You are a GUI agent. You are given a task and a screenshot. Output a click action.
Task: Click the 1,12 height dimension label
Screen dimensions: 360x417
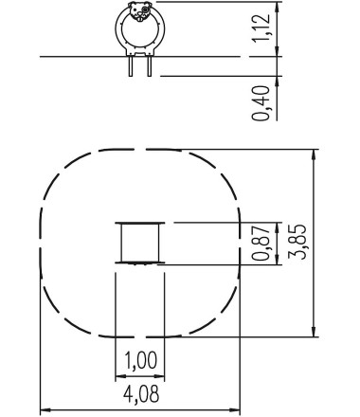(x=261, y=27)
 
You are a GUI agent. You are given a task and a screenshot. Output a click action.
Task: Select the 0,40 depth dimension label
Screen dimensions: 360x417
(x=261, y=103)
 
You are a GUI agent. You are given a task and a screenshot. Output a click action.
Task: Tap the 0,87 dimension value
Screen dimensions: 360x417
(x=261, y=243)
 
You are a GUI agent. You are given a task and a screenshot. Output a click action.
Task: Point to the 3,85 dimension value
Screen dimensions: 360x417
(x=297, y=242)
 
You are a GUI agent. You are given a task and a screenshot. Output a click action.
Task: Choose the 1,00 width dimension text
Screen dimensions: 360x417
(x=140, y=360)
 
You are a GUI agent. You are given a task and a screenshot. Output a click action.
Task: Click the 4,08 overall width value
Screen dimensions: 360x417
(x=141, y=394)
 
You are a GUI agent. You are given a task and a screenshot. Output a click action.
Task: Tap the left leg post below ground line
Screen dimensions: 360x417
(x=131, y=66)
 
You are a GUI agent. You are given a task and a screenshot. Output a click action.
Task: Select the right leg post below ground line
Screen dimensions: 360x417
(x=150, y=66)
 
